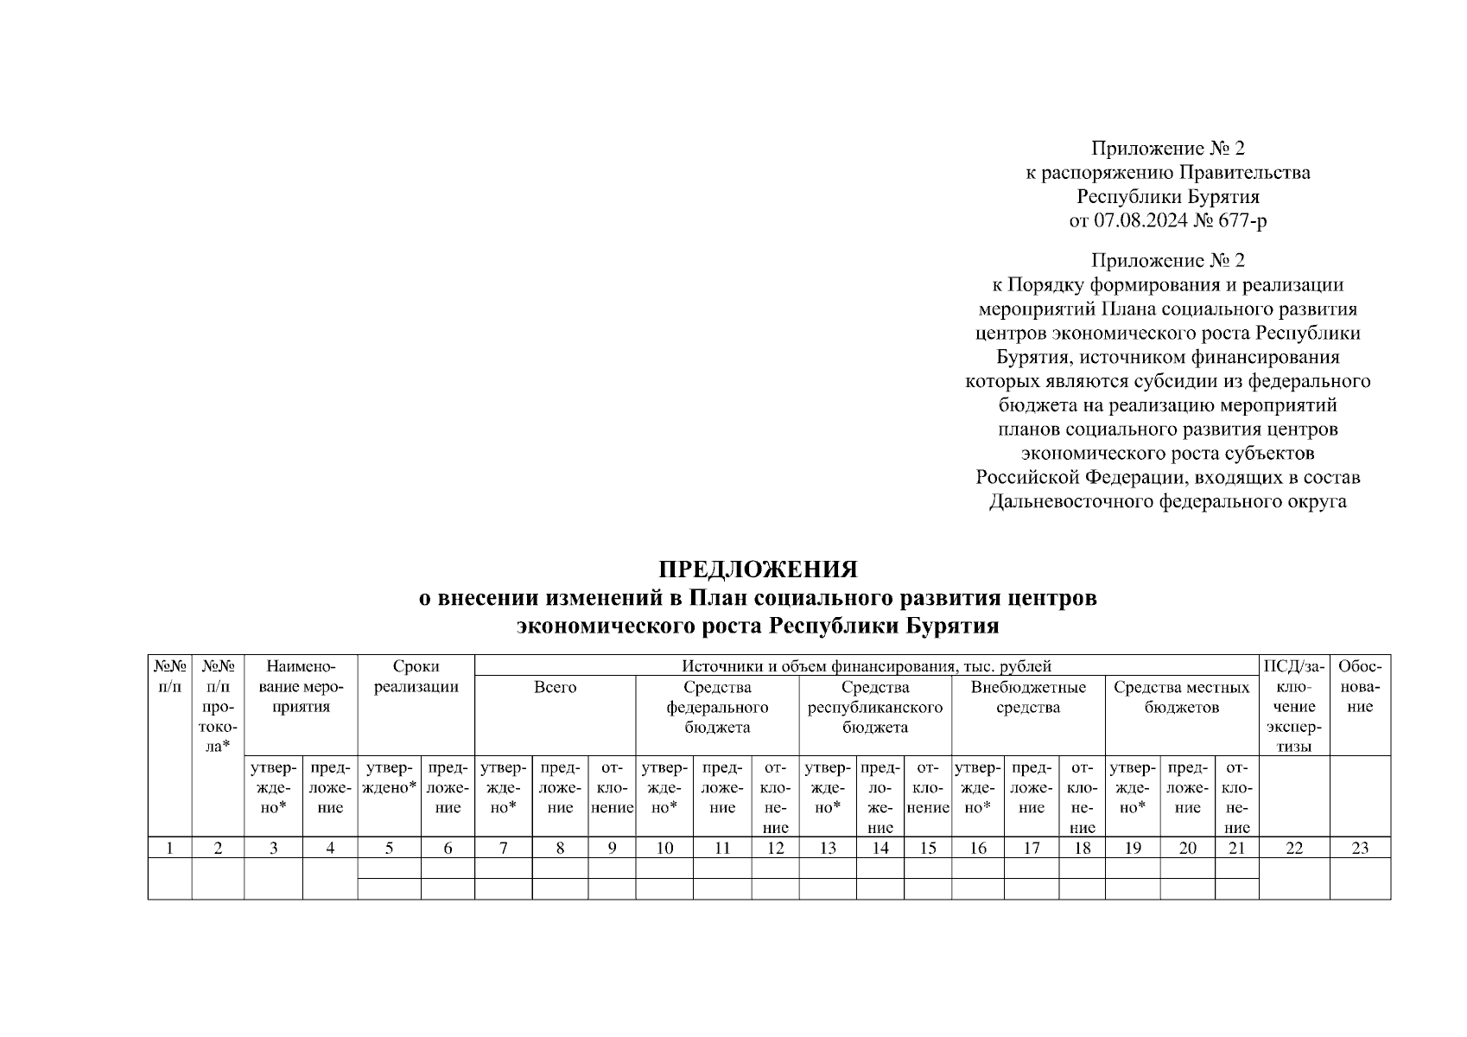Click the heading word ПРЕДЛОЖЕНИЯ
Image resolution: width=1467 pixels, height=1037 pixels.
point(758,570)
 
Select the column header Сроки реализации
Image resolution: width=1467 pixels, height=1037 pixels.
point(416,677)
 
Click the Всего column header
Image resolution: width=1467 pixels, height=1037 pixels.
point(555,688)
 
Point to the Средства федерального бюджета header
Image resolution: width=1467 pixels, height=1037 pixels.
point(717,707)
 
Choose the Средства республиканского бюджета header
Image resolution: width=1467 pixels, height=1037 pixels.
point(874,707)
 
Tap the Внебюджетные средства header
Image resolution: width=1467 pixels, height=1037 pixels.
point(1027,697)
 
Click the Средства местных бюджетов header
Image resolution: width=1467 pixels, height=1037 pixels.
point(1181,697)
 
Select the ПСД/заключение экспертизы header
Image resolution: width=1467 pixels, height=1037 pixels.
point(1292,706)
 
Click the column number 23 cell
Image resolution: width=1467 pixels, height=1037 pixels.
point(1359,848)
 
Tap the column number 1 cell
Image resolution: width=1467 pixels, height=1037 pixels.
point(169,848)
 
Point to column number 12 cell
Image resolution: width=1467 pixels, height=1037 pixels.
point(775,848)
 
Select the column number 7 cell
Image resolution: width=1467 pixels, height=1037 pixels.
point(503,848)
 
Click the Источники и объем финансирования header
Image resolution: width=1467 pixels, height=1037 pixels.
point(866,666)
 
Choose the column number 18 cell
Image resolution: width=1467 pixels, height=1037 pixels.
point(1082,848)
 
